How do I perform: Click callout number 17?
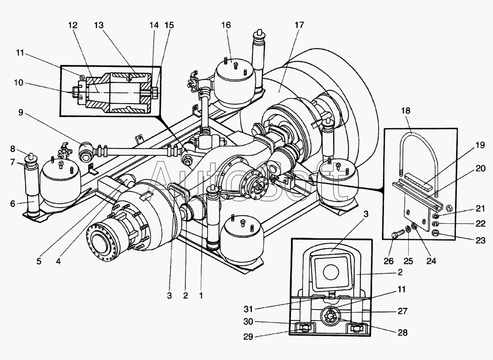click(299, 25)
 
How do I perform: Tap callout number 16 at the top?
click(226, 25)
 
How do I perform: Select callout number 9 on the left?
click(21, 112)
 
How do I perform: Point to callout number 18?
click(406, 110)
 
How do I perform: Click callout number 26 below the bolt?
click(389, 261)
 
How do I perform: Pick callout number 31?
click(248, 309)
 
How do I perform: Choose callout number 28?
click(402, 332)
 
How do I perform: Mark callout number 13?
click(99, 25)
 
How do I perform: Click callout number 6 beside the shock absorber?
click(13, 204)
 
